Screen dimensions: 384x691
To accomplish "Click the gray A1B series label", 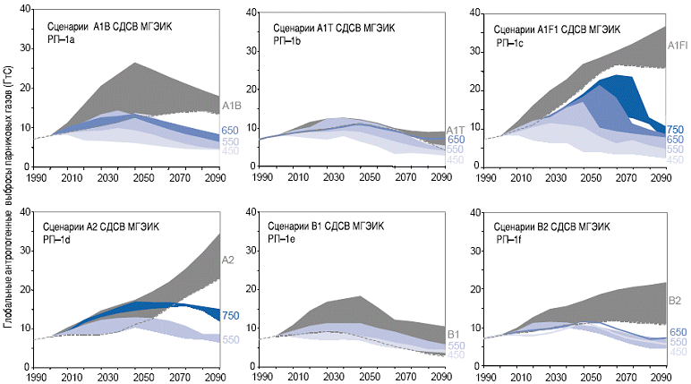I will click(231, 107).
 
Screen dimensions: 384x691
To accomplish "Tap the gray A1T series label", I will click(454, 130).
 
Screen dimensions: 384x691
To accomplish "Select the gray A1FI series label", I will click(678, 45).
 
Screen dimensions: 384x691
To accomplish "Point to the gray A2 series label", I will click(228, 260).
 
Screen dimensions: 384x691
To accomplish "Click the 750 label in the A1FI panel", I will click(676, 128).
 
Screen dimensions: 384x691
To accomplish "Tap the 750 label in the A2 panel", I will click(231, 316).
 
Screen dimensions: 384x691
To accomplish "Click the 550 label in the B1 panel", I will click(456, 346).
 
